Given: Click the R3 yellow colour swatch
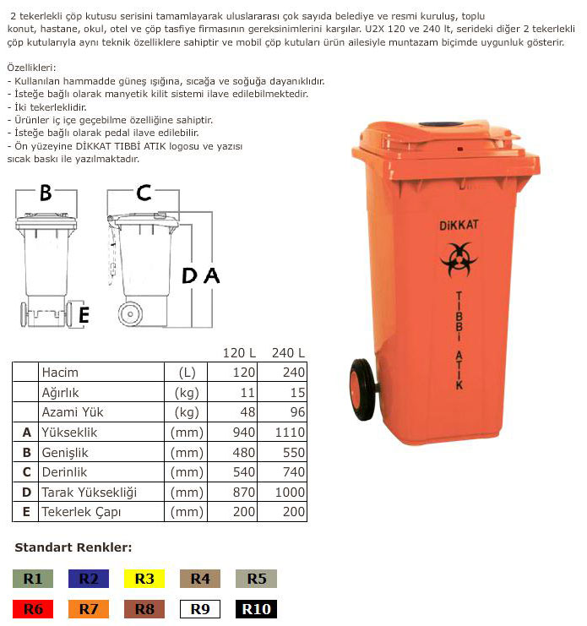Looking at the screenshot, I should coord(144,579).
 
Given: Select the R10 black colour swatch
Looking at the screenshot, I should coord(257,608).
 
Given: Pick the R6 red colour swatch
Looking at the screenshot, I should coord(33,608).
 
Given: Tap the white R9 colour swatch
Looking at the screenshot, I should coord(200,608).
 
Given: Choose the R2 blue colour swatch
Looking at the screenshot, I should coord(89,579).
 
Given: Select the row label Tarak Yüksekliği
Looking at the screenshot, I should coord(89,493).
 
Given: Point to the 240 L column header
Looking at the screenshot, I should coord(288,352).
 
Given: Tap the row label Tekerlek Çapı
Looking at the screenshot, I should coord(82,512).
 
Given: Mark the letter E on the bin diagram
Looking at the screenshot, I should coord(83,315).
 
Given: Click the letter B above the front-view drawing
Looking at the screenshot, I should coord(46,193).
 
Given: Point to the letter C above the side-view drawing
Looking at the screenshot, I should coord(144,193).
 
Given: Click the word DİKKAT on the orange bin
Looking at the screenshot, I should coord(458,224).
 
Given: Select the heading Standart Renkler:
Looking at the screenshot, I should coord(73,547).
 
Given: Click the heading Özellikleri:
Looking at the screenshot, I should coord(31,67).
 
